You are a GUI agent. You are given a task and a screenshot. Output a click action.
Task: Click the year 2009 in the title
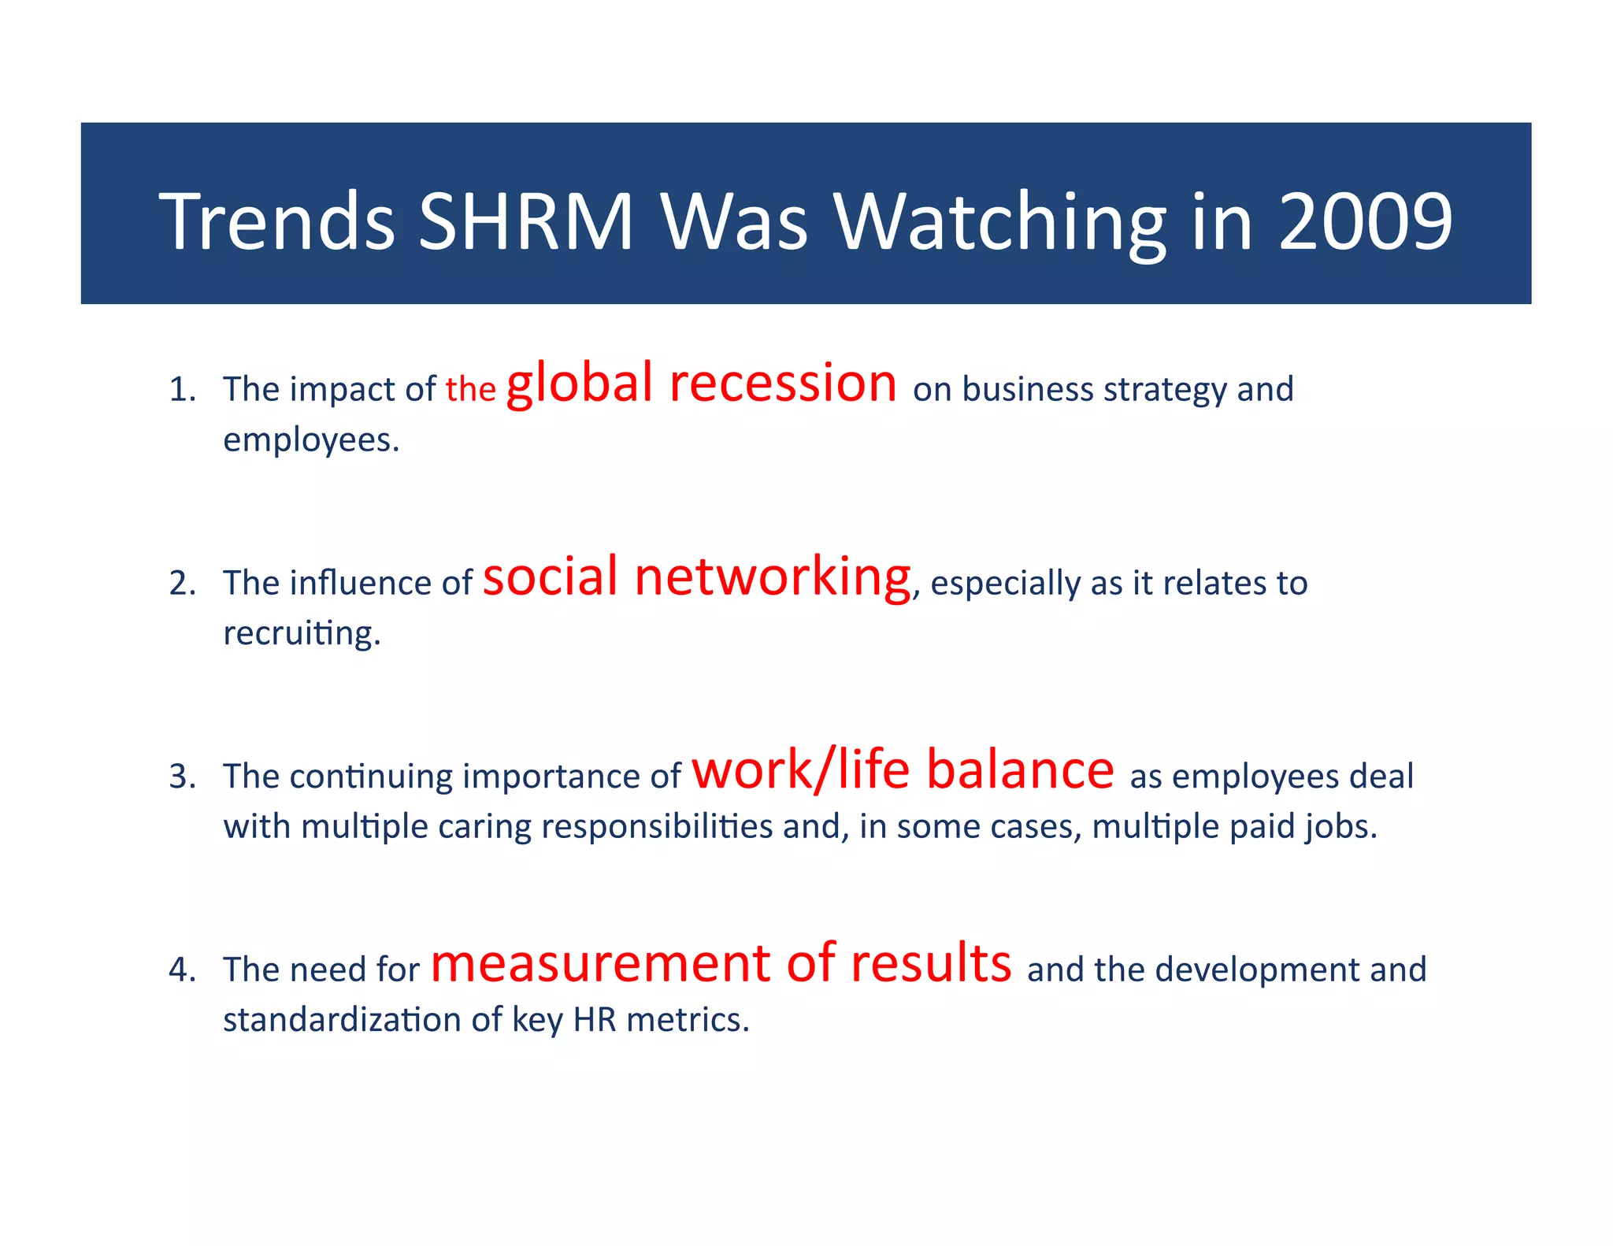(x=1364, y=222)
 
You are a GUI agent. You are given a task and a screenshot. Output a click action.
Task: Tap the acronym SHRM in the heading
(x=525, y=222)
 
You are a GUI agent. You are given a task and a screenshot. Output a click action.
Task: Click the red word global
(x=579, y=384)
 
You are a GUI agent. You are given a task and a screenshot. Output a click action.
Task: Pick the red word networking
(x=772, y=577)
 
